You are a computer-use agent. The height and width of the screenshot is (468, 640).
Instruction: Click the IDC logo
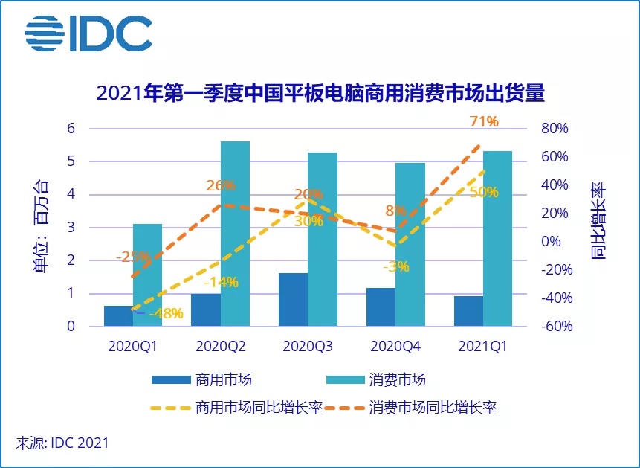pos(88,33)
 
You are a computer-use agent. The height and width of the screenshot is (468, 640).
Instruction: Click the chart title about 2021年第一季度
pos(320,94)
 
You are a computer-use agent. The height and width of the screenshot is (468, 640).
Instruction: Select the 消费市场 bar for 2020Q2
pos(235,234)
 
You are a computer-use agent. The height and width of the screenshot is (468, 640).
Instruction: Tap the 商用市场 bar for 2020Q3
pos(293,299)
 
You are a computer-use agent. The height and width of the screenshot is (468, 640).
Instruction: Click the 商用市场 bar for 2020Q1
pos(118,315)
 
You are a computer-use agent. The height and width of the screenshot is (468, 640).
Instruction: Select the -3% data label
pos(395,266)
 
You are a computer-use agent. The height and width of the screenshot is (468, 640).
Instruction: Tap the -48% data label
pos(166,314)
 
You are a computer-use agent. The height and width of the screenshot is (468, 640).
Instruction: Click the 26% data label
pos(221,185)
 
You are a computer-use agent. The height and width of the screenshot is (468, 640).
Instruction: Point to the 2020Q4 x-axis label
pos(395,346)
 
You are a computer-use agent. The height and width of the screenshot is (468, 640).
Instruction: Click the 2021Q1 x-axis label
pos(482,346)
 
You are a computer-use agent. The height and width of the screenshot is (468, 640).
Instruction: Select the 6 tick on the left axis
pos(71,128)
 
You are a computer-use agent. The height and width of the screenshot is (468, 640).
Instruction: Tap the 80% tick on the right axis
pos(554,128)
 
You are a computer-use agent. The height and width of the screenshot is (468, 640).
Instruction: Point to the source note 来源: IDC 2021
pos(62,443)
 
